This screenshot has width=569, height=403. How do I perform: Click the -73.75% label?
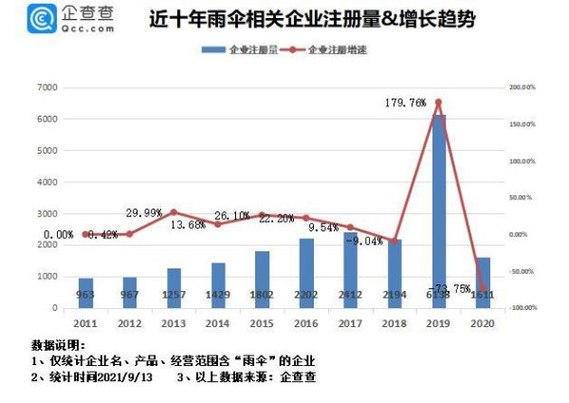click(449, 288)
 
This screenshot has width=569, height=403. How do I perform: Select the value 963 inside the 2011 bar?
click(86, 295)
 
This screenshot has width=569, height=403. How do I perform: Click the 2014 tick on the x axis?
click(218, 323)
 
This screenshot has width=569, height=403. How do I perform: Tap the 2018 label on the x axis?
click(394, 323)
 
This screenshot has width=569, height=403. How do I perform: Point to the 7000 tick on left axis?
click(46, 87)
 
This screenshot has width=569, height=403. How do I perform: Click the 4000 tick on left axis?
click(46, 182)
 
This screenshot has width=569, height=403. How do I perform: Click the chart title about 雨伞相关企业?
click(313, 19)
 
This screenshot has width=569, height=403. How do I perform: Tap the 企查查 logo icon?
click(42, 19)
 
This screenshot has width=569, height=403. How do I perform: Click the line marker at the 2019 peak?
click(438, 102)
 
